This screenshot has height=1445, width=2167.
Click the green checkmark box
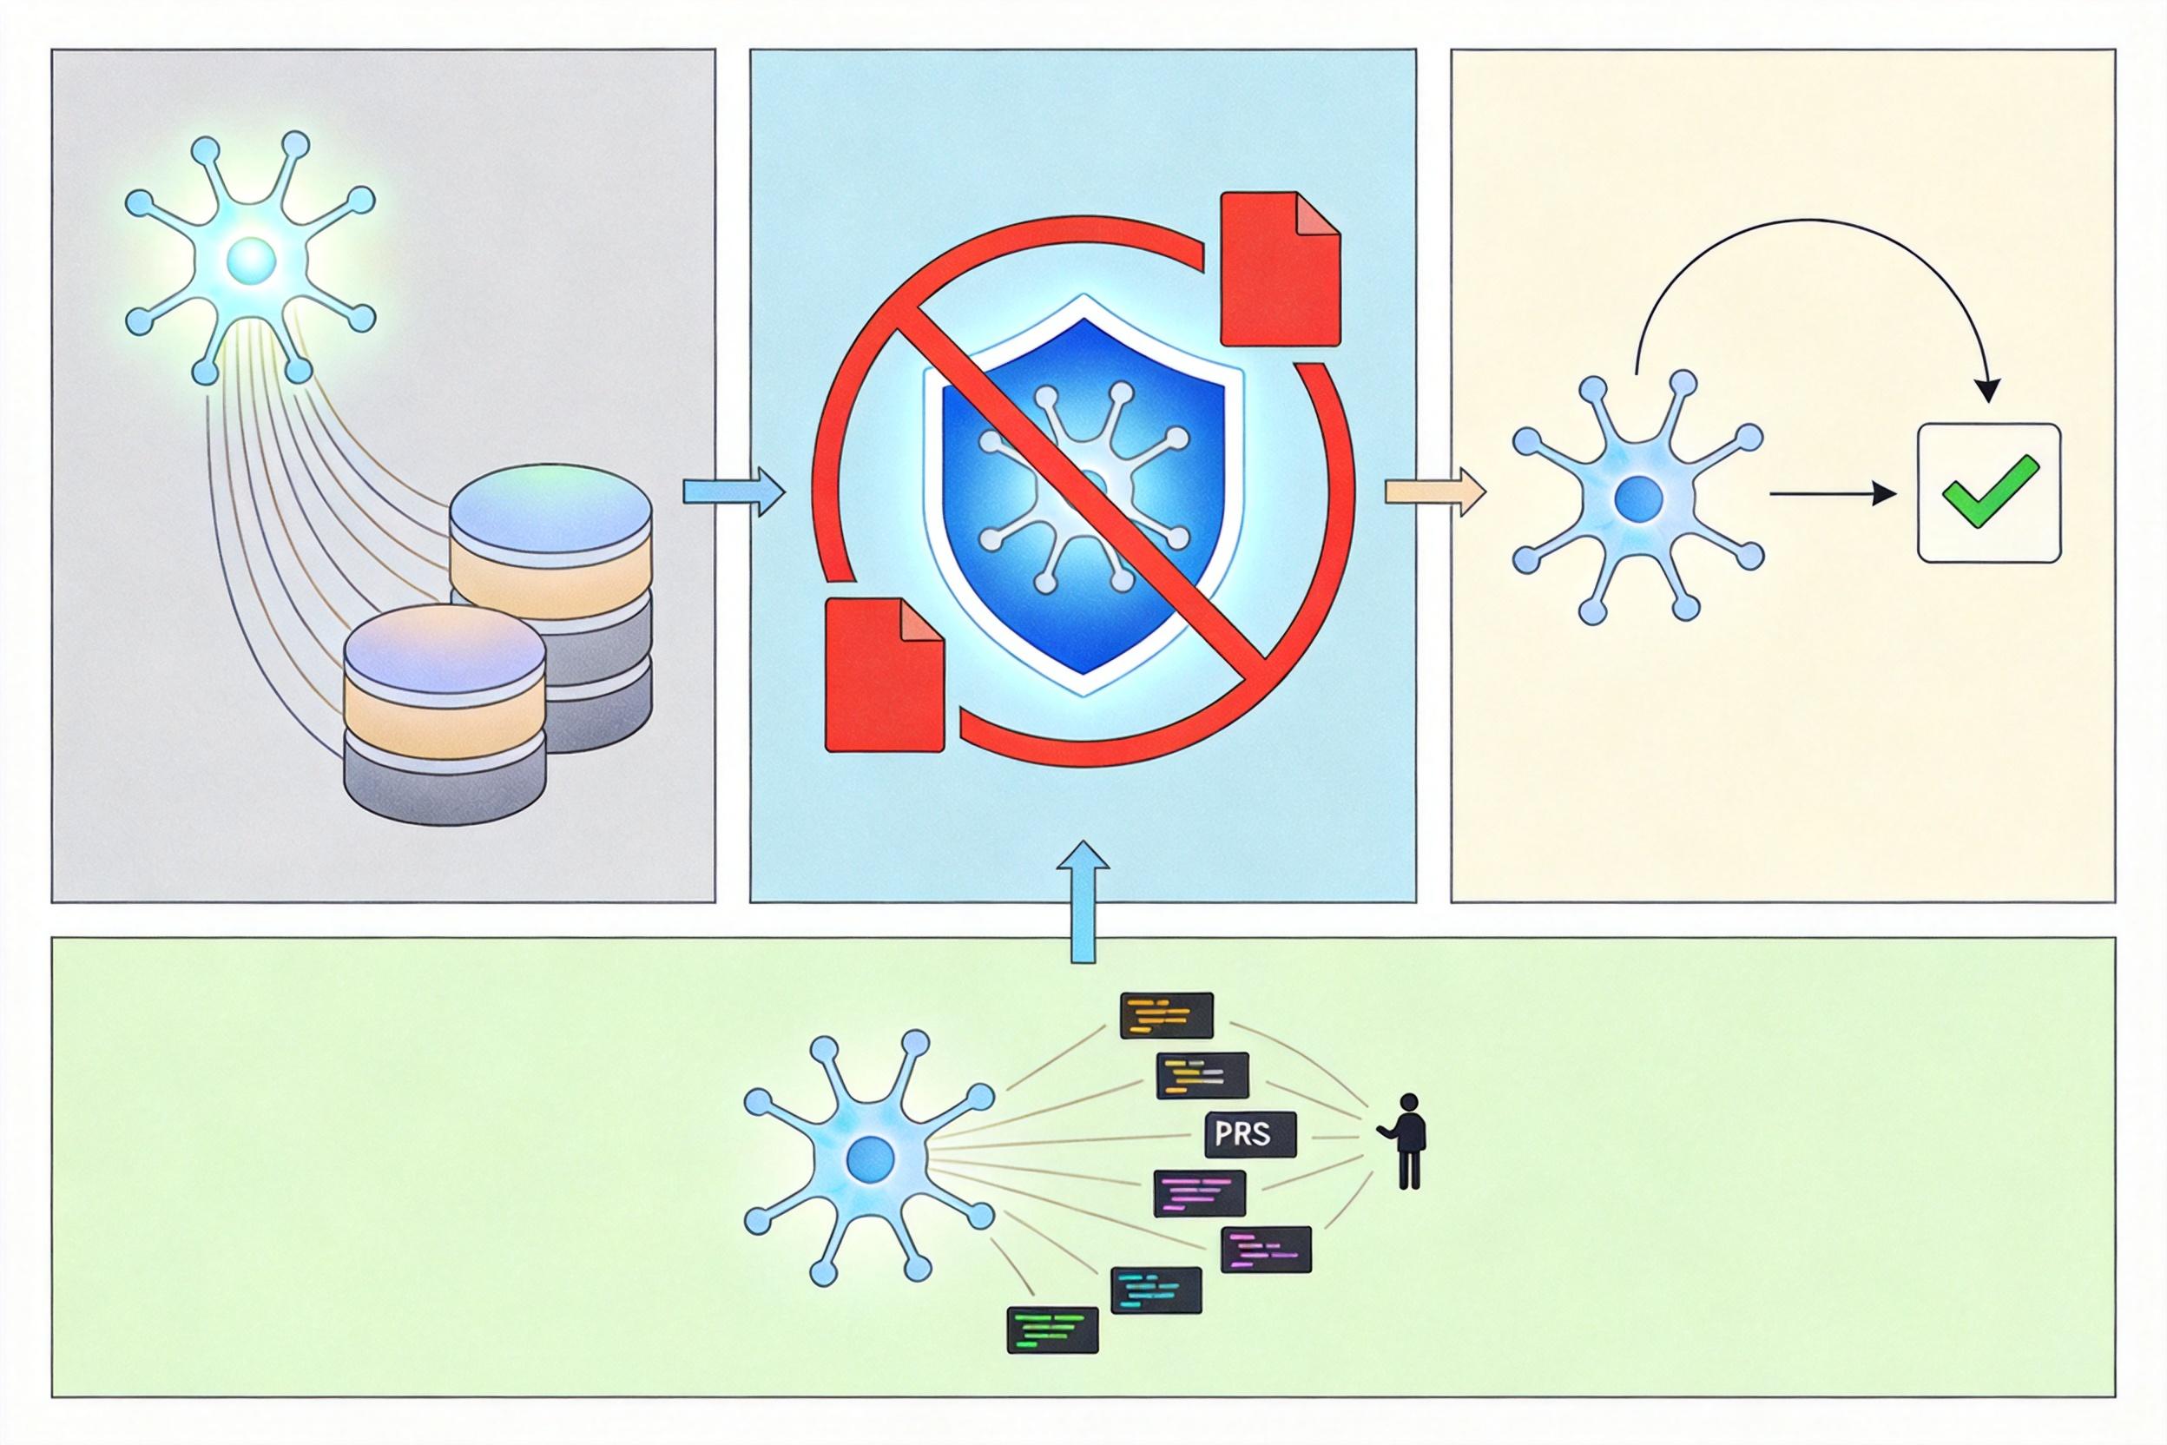[x=1989, y=492]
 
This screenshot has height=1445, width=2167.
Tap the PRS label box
[x=1250, y=1134]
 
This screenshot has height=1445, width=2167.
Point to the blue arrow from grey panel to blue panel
[x=733, y=493]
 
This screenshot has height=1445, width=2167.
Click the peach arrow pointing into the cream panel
[x=1435, y=493]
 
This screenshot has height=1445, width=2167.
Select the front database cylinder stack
[x=445, y=713]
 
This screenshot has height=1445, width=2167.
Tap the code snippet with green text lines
[x=1053, y=1330]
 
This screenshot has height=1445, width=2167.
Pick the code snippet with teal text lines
[x=1156, y=1290]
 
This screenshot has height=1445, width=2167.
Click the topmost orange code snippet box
[x=1165, y=1015]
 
